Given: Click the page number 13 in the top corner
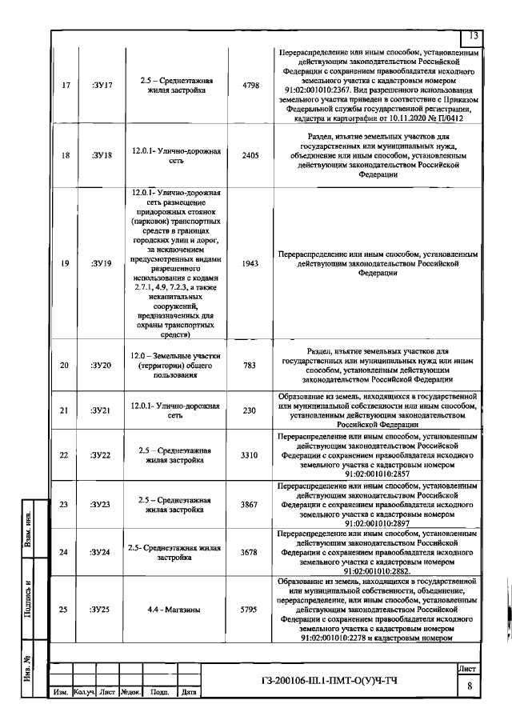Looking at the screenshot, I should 473,36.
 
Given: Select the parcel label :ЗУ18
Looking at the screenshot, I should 102,177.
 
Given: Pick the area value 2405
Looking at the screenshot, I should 250,177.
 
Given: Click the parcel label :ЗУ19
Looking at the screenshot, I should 102,262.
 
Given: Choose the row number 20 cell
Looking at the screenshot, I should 64,366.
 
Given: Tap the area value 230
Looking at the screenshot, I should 250,410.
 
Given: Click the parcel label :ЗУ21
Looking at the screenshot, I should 102,410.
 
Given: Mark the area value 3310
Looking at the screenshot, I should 250,455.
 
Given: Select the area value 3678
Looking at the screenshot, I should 250,552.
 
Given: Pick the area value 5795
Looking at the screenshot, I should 250,610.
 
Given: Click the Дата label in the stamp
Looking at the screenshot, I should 189,692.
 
